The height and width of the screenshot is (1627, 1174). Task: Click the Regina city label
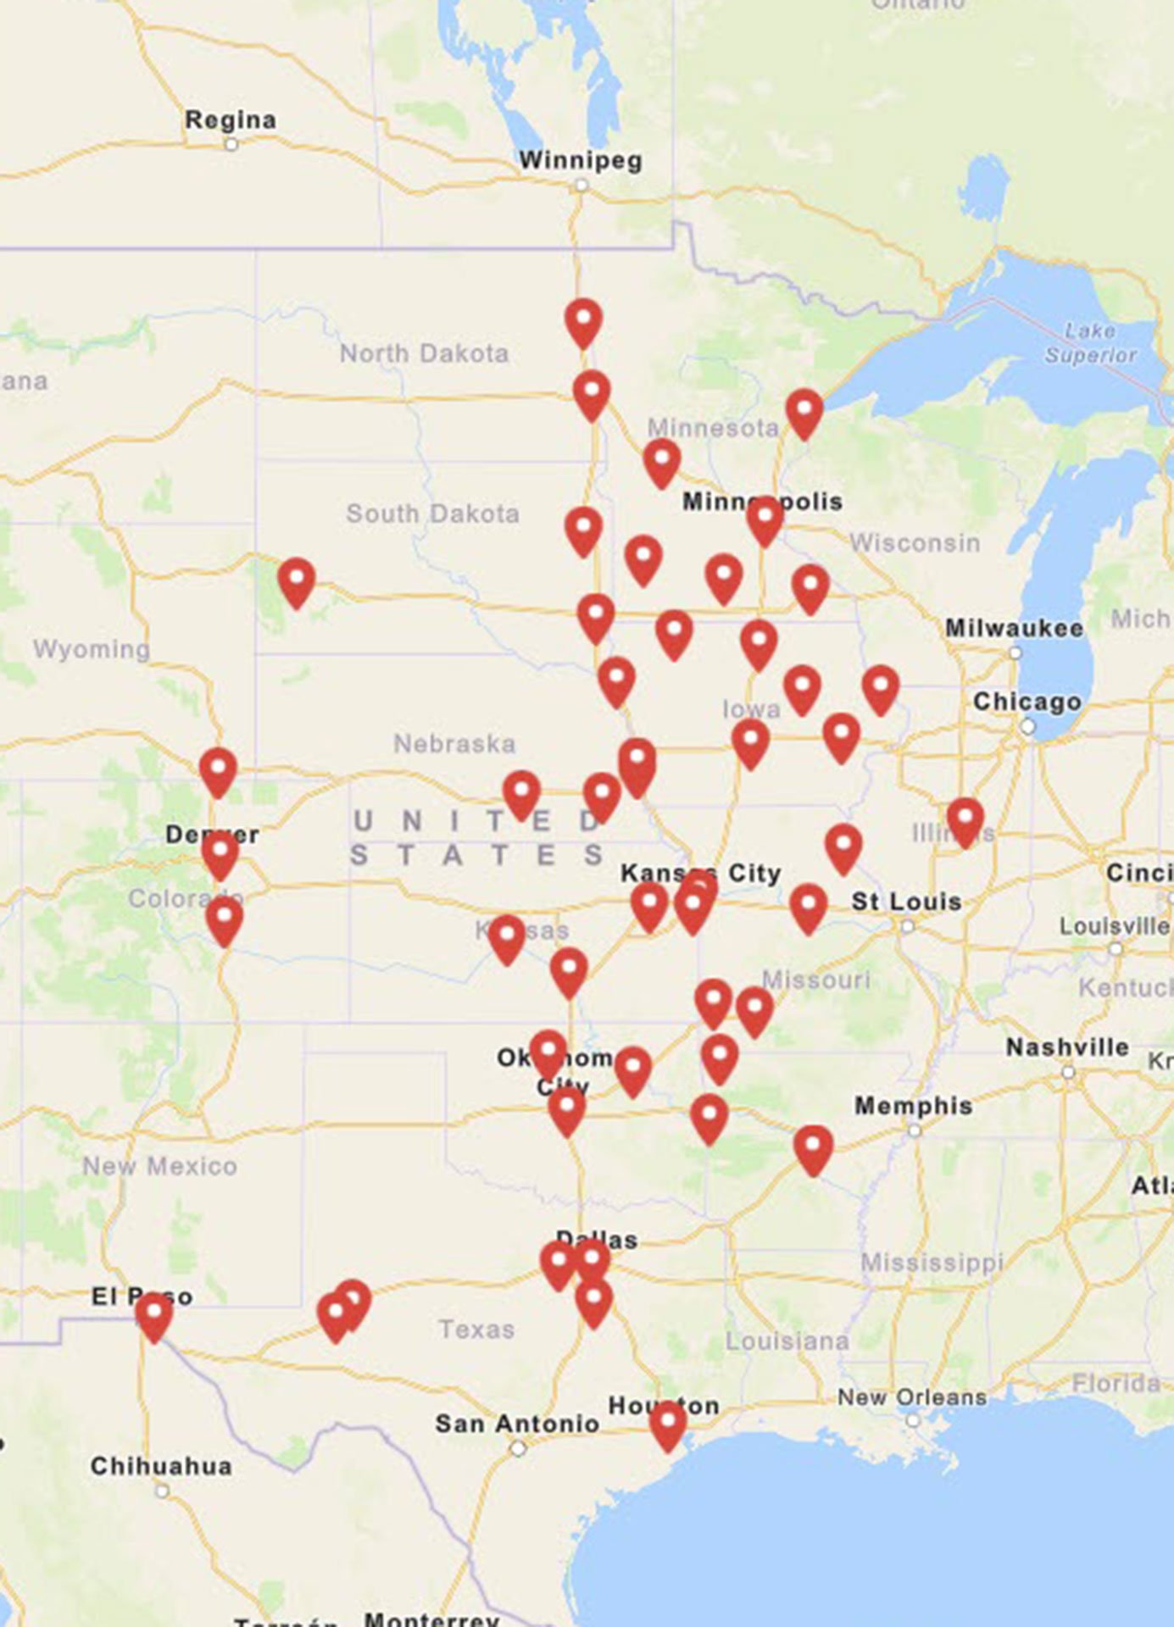coord(231,120)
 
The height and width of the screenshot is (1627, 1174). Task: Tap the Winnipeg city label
coord(581,160)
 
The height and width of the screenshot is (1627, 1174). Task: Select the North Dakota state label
coord(425,353)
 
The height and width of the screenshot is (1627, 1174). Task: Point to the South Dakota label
coord(432,514)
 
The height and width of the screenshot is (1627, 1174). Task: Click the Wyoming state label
coord(92,649)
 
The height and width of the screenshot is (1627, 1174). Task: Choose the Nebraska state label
coord(454,744)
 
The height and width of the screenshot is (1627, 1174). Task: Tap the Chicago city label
coord(1027,702)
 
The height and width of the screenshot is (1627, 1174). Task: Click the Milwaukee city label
coord(1015,628)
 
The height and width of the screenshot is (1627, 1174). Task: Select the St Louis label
coord(906,902)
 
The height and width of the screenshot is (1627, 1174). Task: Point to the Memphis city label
coord(913,1106)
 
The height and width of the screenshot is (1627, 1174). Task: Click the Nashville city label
coord(1067,1047)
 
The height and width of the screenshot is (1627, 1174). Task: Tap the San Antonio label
coord(517,1424)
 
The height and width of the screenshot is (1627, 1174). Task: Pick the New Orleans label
coord(912,1397)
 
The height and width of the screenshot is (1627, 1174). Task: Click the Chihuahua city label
coord(161,1466)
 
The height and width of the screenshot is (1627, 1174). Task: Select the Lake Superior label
coord(1090,342)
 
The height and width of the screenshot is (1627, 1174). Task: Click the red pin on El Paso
coord(154,1316)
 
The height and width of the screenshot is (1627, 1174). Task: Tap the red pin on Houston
coord(668,1424)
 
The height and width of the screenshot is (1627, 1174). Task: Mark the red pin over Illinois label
coord(965,820)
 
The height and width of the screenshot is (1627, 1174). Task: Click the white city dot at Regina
coord(231,145)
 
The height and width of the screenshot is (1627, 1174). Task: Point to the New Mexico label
coord(159,1167)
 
